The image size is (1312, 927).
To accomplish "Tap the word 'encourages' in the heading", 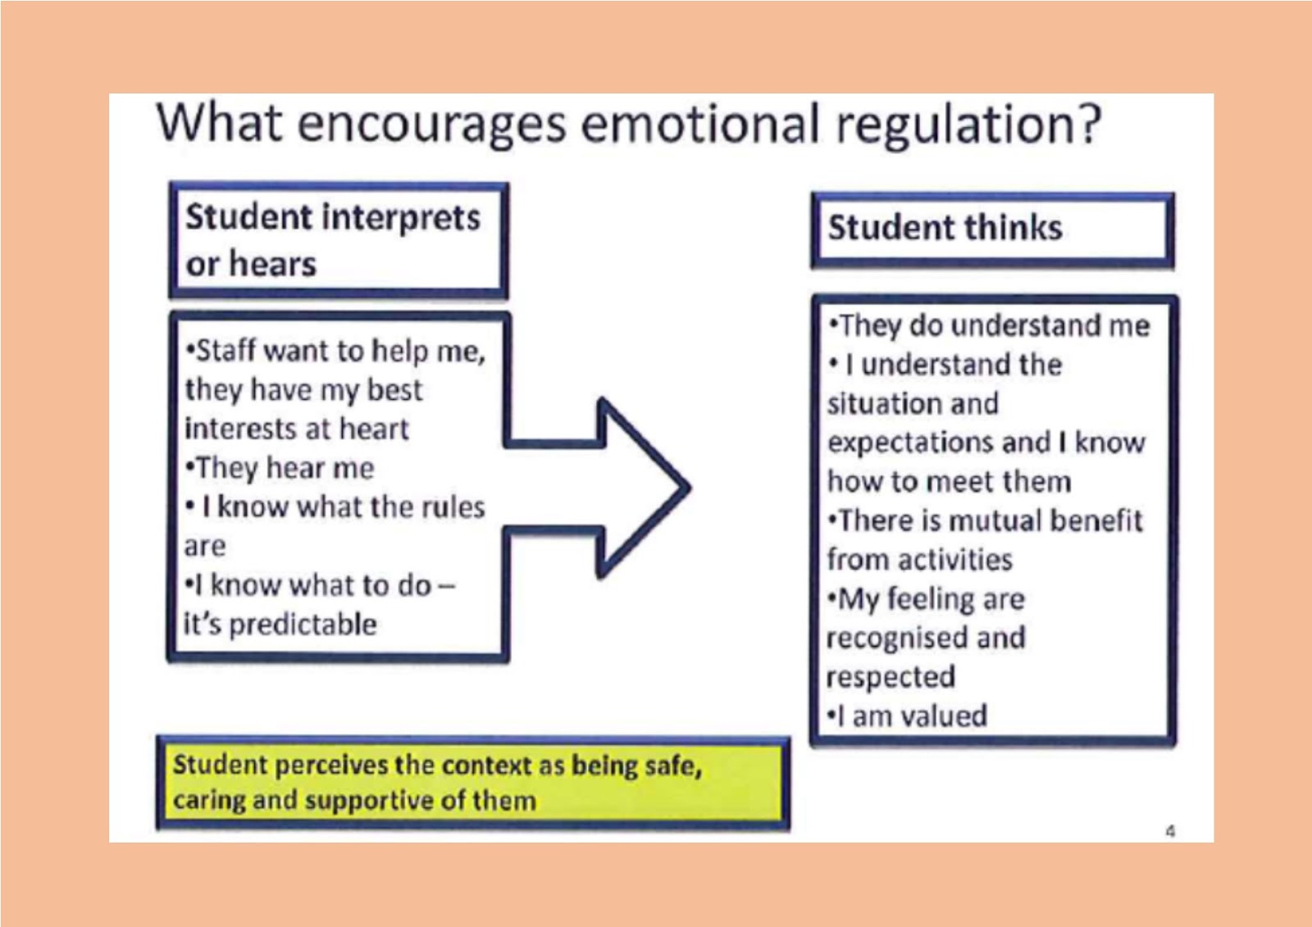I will (x=431, y=125).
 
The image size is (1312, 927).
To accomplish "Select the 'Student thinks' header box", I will (x=992, y=229).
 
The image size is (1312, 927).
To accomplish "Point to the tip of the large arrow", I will (x=687, y=487).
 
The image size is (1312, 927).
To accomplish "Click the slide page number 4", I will (x=1170, y=831).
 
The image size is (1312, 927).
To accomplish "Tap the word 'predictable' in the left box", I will (x=303, y=625).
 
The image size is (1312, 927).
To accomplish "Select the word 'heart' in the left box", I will (x=374, y=429).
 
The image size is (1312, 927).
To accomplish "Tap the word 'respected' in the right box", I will (x=891, y=677).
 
